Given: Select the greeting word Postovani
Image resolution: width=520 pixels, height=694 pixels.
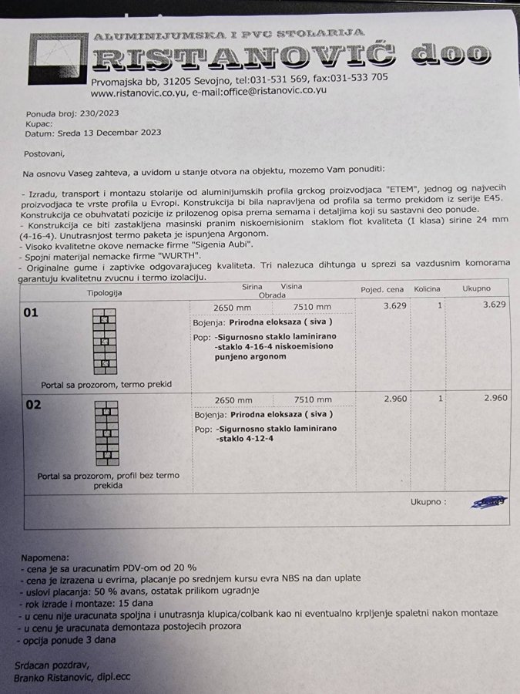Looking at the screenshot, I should click(x=45, y=154).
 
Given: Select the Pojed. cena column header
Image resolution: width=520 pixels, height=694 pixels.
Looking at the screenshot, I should click(x=382, y=290).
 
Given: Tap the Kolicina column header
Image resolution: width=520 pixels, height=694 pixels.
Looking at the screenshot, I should click(x=428, y=289).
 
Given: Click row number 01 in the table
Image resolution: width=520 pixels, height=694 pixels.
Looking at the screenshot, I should click(x=32, y=313).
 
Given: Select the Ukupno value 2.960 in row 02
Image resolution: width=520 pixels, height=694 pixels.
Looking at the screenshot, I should click(x=495, y=398).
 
